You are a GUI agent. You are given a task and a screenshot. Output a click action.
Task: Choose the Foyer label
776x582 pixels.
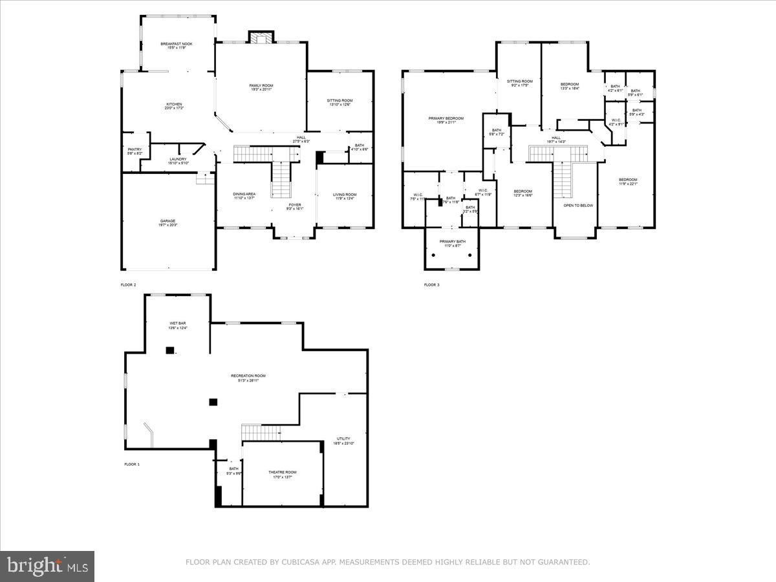coord(295,206)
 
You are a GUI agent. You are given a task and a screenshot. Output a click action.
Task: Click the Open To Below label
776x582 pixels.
coord(575,206)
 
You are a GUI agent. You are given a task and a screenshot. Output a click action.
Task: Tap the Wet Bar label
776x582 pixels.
coord(177,326)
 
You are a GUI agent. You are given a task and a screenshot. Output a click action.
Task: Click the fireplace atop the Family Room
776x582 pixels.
coord(261,38)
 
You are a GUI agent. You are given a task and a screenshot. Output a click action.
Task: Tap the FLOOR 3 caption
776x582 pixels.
coord(431,285)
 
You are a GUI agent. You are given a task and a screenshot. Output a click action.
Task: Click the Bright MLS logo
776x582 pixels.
coord(47,566)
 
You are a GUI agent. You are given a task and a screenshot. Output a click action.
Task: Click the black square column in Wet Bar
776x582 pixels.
coord(170,350)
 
